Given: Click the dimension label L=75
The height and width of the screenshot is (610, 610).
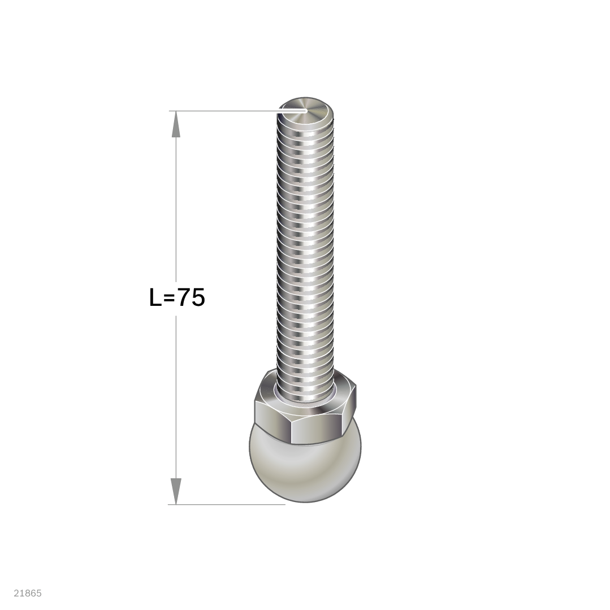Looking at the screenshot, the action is (177, 298).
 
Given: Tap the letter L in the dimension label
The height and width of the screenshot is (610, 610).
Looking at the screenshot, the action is (155, 298).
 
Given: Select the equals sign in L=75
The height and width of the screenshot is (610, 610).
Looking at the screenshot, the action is (169, 298).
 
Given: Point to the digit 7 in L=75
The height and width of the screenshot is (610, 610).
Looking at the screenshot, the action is (184, 298).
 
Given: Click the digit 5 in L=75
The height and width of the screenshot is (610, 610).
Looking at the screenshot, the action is (198, 298).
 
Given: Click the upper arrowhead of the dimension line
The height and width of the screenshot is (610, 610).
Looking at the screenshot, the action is (176, 124).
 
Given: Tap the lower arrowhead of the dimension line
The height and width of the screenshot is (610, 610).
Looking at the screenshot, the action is (176, 491).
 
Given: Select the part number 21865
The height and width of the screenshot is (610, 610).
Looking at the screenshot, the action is (28, 593).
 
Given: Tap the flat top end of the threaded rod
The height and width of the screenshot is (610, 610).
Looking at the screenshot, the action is (306, 111).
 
